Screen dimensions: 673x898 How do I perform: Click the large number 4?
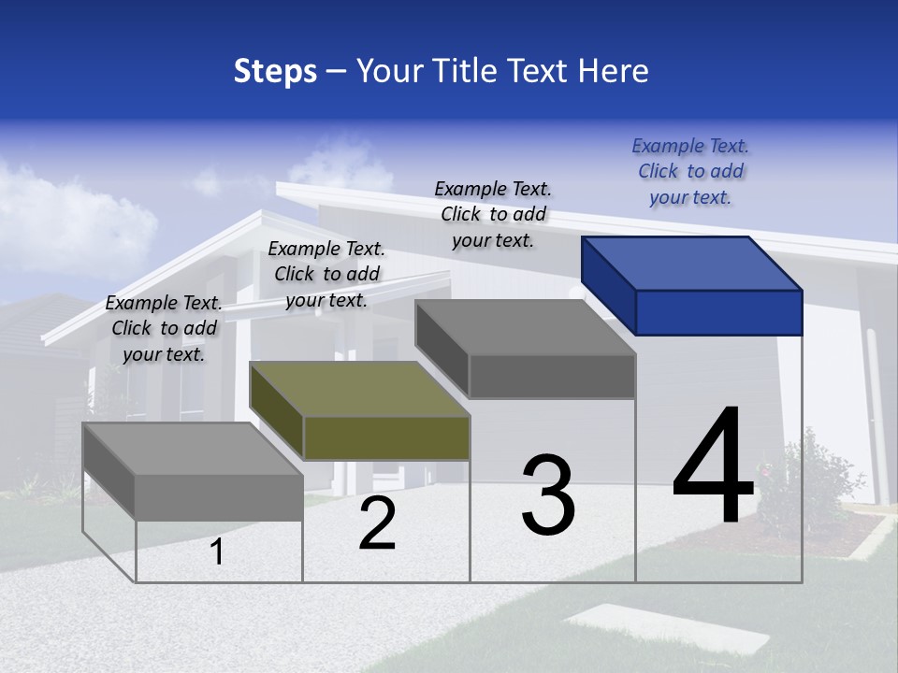(713, 467)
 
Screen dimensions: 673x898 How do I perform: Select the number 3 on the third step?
(548, 494)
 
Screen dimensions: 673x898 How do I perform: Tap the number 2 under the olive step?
(378, 524)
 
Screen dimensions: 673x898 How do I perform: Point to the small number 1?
(217, 552)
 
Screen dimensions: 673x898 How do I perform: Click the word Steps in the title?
(275, 71)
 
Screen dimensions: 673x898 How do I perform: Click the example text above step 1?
(164, 328)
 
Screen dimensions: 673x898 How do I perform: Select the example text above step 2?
(326, 274)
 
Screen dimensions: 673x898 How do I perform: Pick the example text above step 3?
(493, 214)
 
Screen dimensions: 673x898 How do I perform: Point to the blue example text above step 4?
(690, 171)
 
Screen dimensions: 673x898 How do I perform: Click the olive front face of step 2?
(386, 437)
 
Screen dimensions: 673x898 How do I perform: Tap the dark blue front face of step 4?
(718, 312)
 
